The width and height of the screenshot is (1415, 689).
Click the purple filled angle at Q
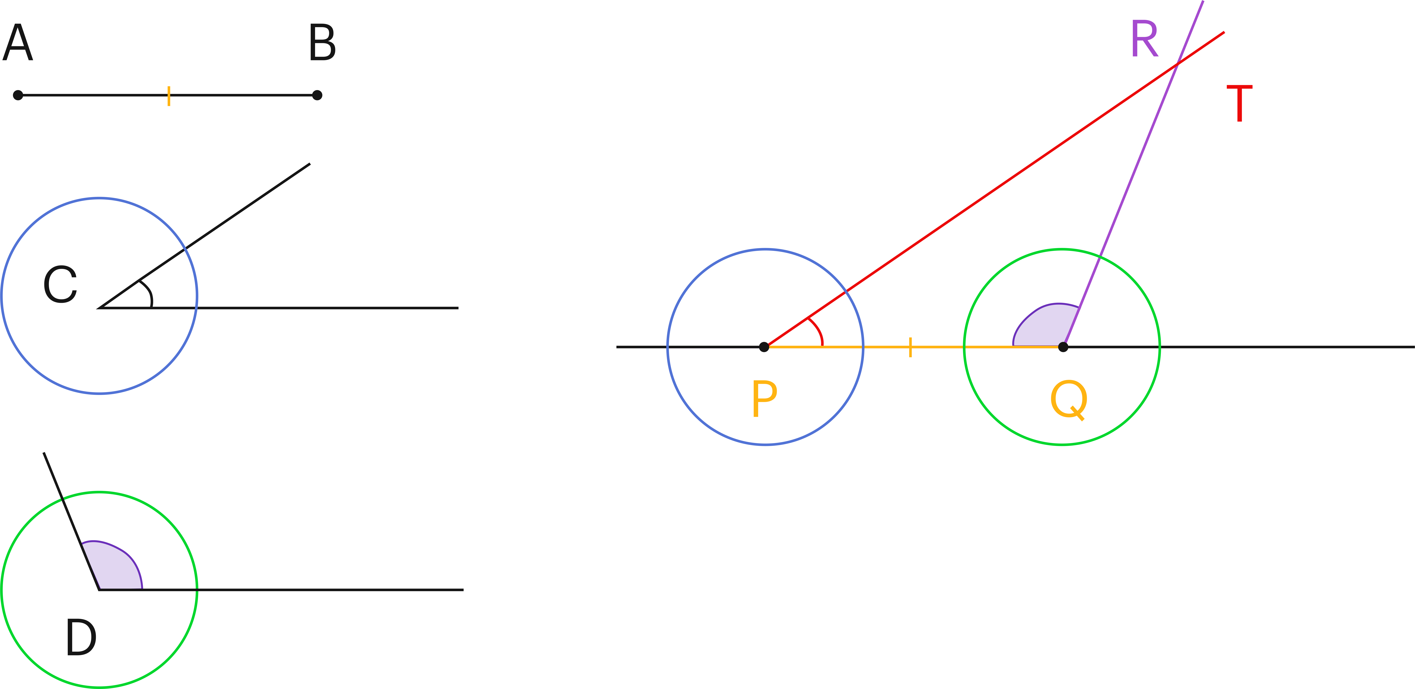click(1044, 327)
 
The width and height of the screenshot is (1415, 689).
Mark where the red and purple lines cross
click(1177, 65)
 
